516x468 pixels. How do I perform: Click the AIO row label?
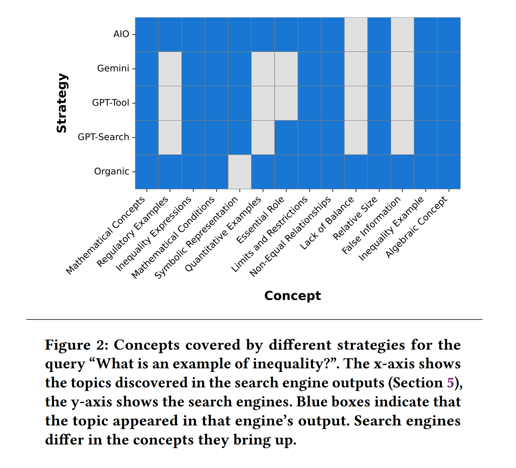(121, 34)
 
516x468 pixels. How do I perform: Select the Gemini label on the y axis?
(113, 69)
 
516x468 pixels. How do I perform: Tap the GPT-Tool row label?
(110, 103)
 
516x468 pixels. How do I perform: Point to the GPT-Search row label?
(103, 137)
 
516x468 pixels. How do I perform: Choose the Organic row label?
(112, 171)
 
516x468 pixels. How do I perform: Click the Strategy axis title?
(62, 103)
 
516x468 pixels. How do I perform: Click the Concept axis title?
(292, 296)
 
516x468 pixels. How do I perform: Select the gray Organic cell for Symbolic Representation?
(240, 172)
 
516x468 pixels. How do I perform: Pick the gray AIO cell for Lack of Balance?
(356, 34)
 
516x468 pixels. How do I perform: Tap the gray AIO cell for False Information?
(402, 34)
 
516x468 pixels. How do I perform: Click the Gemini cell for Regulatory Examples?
(170, 69)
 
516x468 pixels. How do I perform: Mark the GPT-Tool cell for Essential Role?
(286, 103)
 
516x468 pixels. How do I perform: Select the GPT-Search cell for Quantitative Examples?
(263, 137)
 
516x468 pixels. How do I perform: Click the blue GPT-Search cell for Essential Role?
(286, 137)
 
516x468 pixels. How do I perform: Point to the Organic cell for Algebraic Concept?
(449, 172)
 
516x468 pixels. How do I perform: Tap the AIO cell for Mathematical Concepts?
(147, 34)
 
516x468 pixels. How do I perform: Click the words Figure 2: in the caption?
(77, 345)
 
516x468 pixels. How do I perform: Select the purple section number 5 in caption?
(450, 383)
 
